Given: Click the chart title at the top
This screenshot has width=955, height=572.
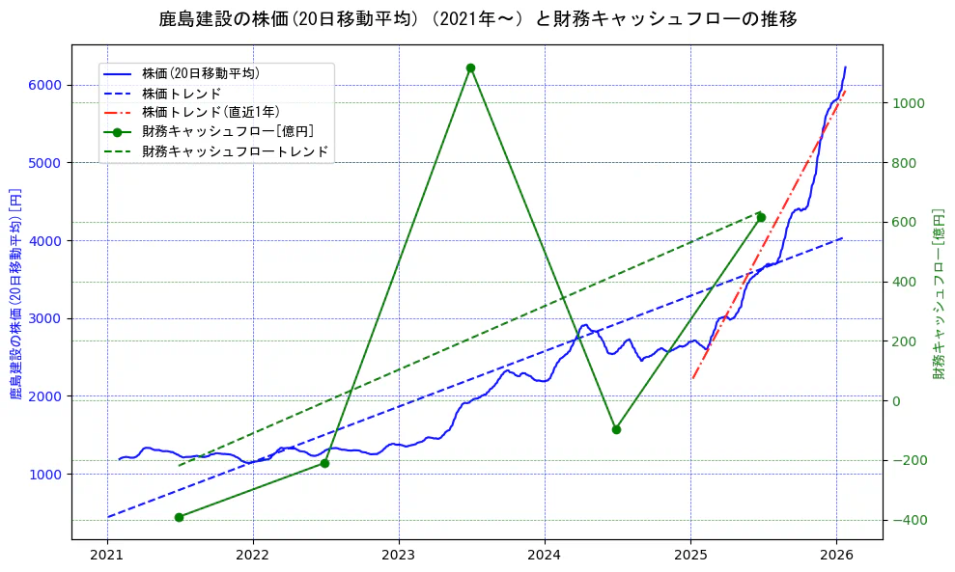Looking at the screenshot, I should point(477,19).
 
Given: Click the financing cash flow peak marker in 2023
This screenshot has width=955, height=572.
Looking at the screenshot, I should point(470,68).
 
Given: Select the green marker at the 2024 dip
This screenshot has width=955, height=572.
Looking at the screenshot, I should point(616,429).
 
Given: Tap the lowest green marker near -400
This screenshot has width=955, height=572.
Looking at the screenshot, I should point(179,517).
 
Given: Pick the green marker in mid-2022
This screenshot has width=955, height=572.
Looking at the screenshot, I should point(324,464).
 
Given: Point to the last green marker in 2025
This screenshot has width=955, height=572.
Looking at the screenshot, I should point(761,217).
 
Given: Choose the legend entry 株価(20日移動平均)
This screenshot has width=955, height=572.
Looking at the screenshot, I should point(200,72).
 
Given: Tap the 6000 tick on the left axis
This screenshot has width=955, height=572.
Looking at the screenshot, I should point(48,85).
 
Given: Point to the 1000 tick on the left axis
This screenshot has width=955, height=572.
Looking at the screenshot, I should point(48,474).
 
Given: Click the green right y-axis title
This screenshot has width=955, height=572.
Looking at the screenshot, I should point(939,292).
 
